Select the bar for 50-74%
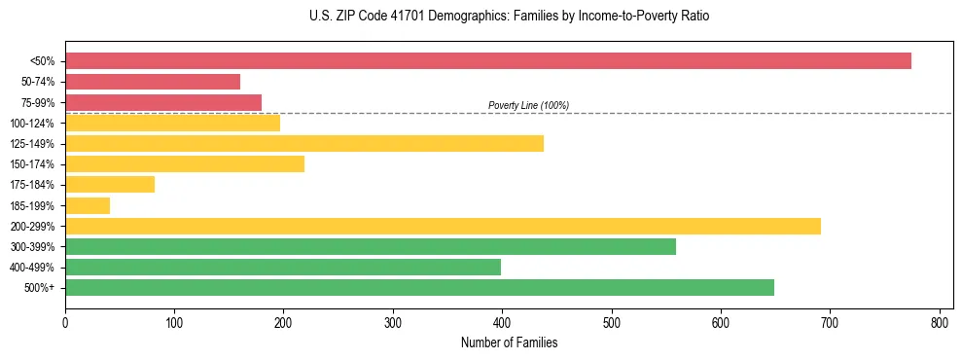coord(153,82)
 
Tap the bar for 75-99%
coord(163,102)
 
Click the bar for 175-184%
coord(110,184)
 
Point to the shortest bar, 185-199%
coord(88,205)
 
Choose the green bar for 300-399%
coord(371,246)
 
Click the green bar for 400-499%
coord(283,267)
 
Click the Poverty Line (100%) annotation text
coord(528,105)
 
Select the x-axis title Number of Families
coord(509,343)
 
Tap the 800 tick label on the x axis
coord(939,323)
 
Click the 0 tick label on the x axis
coord(65,323)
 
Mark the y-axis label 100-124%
coord(32,124)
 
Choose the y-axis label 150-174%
coord(32,164)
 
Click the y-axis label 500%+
coord(40,288)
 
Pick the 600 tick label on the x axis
coord(721,323)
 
